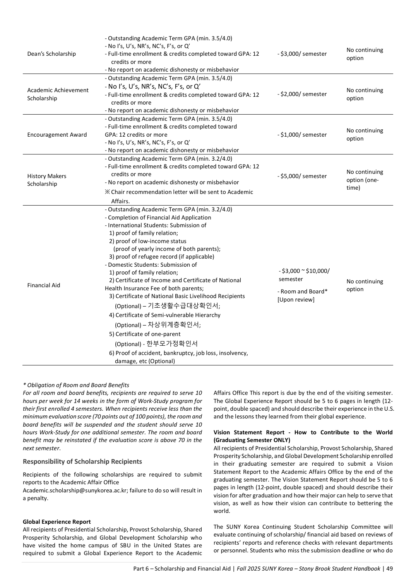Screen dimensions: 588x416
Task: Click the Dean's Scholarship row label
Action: [51, 54]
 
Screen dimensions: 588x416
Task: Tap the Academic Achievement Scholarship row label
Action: [58, 94]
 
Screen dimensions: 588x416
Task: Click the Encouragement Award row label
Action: [57, 135]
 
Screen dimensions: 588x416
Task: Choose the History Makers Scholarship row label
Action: [46, 180]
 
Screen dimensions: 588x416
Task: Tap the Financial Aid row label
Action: [44, 285]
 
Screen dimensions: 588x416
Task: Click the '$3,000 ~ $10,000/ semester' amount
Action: [304, 275]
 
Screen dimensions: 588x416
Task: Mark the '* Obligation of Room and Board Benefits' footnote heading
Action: [76, 385]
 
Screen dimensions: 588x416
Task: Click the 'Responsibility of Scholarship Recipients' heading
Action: [82, 461]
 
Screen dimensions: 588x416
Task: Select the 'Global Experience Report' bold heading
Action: [57, 522]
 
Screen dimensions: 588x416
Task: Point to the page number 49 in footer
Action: [389, 569]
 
